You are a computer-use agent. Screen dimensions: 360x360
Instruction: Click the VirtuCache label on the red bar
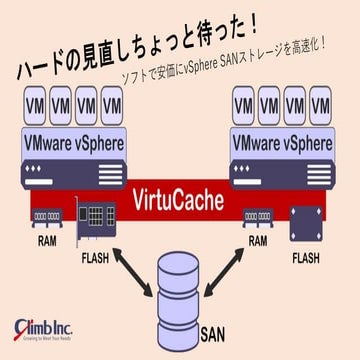(x=180, y=199)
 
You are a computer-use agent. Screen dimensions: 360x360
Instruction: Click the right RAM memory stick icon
(x=258, y=216)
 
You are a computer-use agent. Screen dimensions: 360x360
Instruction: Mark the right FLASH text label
(x=307, y=257)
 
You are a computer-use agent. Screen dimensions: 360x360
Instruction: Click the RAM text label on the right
(x=257, y=240)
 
